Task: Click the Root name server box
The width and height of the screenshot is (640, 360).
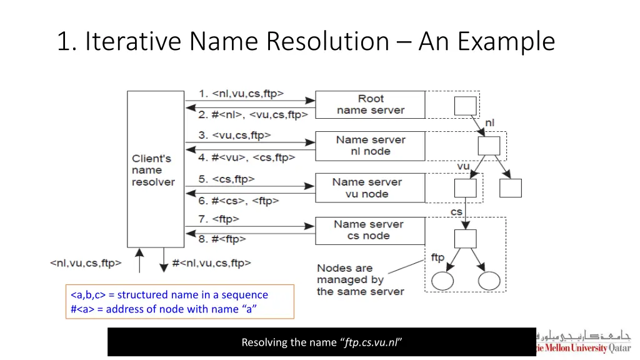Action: pos(370,104)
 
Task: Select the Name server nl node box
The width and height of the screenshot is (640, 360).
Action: pos(370,146)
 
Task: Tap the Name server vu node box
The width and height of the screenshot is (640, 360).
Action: pos(370,187)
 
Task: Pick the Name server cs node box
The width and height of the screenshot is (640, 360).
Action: pos(370,229)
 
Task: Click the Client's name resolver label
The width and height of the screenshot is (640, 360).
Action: pos(153,170)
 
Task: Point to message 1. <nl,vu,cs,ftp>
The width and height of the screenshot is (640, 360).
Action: pos(241,94)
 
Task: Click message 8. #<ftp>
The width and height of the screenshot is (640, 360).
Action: pos(222,239)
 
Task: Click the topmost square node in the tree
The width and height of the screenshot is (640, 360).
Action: pos(465,106)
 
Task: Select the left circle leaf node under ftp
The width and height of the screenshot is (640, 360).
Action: pos(442,281)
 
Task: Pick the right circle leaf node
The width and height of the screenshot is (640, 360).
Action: pos(489,281)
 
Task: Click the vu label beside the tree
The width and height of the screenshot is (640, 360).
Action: pos(463,166)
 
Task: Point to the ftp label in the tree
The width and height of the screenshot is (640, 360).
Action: pos(437,257)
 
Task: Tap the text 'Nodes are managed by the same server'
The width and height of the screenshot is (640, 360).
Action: pos(359,280)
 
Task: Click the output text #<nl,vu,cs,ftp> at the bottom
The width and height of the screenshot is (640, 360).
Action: pos(211,263)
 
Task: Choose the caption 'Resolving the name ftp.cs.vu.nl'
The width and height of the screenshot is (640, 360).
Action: pos(321,342)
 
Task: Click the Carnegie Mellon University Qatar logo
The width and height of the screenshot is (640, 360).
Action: pos(584,342)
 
